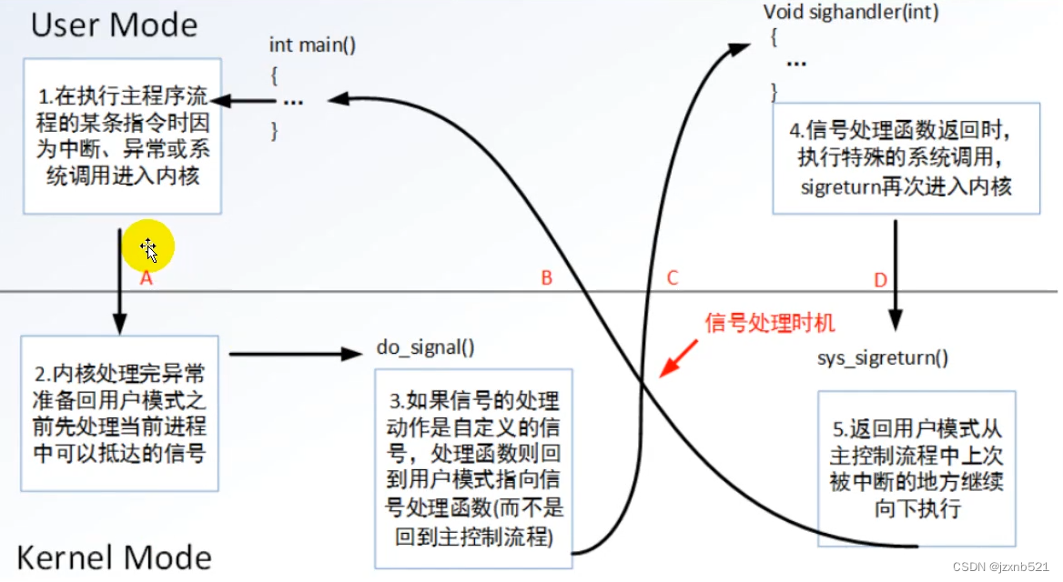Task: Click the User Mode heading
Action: (x=114, y=25)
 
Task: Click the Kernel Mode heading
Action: (x=114, y=557)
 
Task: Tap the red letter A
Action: (x=145, y=279)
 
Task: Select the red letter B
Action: (x=546, y=278)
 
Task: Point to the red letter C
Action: (x=672, y=278)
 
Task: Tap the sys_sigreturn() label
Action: (x=883, y=357)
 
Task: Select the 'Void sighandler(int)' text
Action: (x=851, y=13)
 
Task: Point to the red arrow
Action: (x=676, y=361)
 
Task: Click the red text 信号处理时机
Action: (x=768, y=322)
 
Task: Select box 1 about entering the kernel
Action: (x=123, y=136)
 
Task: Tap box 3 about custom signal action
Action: (x=473, y=467)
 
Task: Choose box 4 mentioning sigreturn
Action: (x=906, y=159)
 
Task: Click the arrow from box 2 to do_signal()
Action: (x=296, y=354)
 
